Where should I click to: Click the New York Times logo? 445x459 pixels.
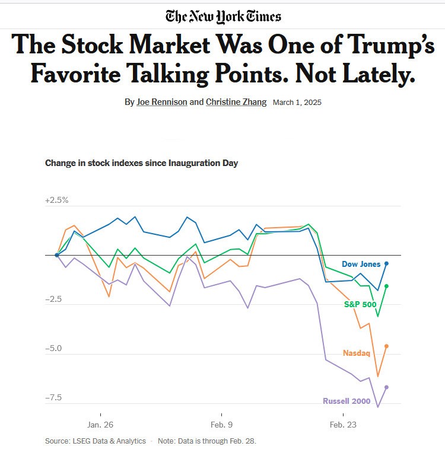(223, 16)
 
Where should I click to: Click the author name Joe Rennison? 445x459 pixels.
(170, 102)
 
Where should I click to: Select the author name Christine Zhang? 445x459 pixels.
(237, 102)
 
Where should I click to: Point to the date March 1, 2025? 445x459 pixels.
(297, 103)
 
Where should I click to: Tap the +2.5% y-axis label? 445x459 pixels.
(57, 200)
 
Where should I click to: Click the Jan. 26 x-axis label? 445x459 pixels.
(100, 425)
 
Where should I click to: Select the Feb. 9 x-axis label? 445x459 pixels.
(221, 425)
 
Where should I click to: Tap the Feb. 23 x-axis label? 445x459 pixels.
(344, 425)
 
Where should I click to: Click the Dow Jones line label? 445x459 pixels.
(361, 264)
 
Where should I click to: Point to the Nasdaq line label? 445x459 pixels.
(357, 353)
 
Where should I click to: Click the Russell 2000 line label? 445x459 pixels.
(347, 401)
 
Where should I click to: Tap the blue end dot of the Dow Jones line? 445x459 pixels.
(387, 263)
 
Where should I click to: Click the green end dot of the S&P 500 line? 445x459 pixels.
(387, 286)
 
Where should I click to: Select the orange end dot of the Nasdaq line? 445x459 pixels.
(387, 346)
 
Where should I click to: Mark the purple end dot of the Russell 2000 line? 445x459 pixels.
(387, 387)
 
